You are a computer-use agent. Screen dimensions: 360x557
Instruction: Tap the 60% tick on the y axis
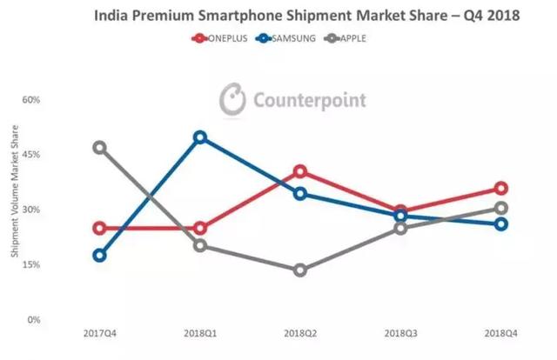pyautogui.click(x=32, y=100)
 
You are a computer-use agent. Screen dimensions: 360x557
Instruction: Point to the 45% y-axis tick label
pyautogui.click(x=32, y=155)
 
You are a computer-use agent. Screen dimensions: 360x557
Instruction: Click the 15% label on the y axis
pyautogui.click(x=32, y=264)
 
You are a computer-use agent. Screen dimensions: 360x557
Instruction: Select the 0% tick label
pyautogui.click(x=35, y=319)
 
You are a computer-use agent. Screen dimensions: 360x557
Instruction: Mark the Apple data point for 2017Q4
pyautogui.click(x=99, y=148)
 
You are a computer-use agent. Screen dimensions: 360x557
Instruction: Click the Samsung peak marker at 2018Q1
pyautogui.click(x=200, y=137)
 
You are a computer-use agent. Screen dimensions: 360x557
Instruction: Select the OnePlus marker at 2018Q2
pyautogui.click(x=300, y=171)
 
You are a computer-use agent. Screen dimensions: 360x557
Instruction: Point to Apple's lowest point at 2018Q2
pyautogui.click(x=300, y=270)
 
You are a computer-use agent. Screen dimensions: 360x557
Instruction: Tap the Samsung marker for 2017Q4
pyautogui.click(x=99, y=256)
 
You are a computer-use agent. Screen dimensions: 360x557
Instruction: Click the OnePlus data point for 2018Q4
pyautogui.click(x=501, y=189)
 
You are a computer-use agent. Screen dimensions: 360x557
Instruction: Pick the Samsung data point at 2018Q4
pyautogui.click(x=501, y=224)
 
